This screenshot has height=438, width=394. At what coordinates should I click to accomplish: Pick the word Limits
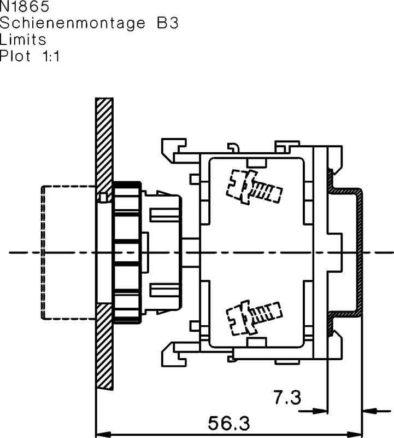(x=23, y=39)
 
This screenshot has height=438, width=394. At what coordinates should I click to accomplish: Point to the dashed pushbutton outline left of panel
(x=68, y=252)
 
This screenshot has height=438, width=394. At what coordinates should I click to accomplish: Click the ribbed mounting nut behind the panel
(x=127, y=252)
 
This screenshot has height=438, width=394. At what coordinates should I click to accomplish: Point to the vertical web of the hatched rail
(x=360, y=252)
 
